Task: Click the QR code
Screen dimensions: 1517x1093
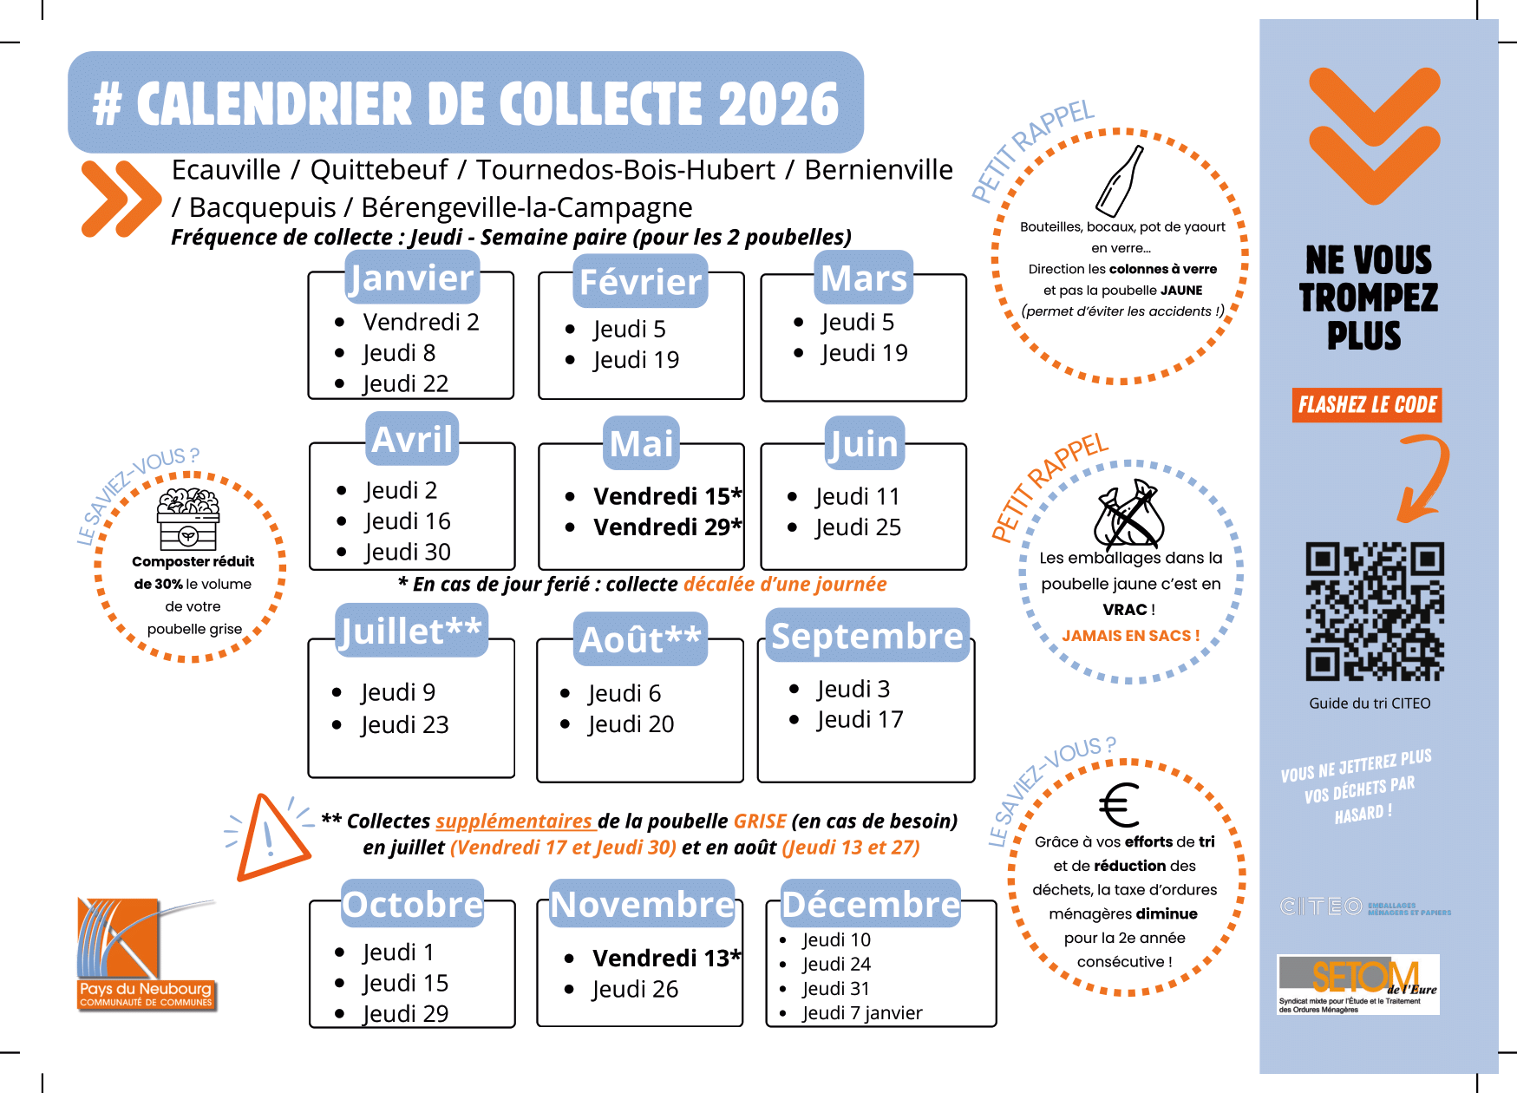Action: (1375, 612)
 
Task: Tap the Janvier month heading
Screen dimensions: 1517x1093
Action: (412, 278)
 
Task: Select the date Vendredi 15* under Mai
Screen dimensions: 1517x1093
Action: (668, 496)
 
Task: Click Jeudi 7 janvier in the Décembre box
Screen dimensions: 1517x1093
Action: (862, 1012)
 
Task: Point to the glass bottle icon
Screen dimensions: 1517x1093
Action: (1120, 180)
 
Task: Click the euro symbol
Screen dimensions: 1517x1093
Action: (1120, 805)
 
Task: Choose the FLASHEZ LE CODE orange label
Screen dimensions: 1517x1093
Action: (1367, 405)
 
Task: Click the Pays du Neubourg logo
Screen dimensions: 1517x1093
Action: (146, 954)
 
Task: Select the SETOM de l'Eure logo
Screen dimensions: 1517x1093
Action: (1358, 985)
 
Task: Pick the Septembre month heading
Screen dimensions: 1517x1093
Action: (867, 636)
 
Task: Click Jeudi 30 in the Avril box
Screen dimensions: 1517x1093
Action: (408, 552)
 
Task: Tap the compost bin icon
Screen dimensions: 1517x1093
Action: (188, 518)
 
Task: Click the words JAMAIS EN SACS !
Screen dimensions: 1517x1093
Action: (1131, 636)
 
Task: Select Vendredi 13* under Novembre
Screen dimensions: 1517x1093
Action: (667, 958)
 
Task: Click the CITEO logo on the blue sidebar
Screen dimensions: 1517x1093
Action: (1365, 907)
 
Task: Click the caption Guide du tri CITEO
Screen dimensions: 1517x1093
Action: (1370, 704)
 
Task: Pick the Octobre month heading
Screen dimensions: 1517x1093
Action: (413, 904)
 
